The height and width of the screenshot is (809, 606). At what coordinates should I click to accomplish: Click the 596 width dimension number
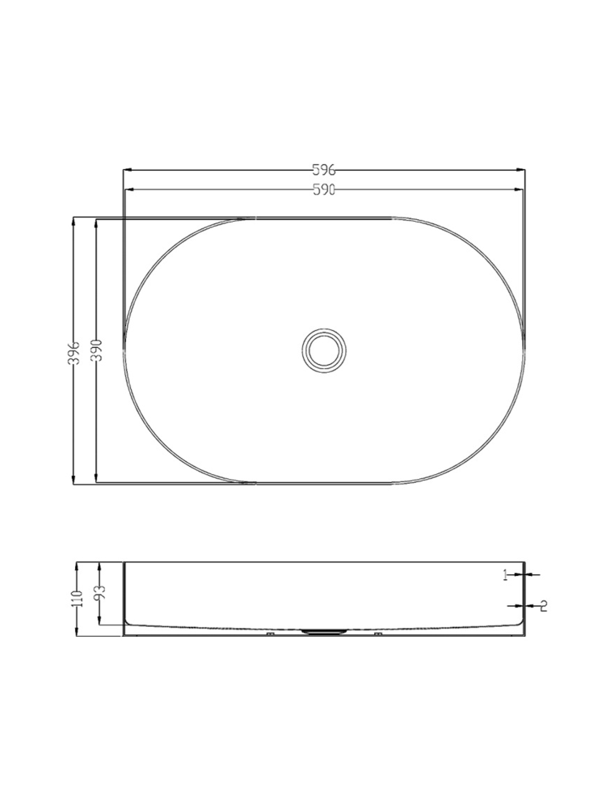point(324,170)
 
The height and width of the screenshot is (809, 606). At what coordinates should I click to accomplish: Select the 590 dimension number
point(324,189)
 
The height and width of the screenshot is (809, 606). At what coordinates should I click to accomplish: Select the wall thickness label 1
point(506,575)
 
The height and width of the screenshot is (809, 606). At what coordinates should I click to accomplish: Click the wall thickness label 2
point(544,605)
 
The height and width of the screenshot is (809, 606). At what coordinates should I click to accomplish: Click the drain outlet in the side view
point(325,631)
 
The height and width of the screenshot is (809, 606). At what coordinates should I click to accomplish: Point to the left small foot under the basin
point(271,635)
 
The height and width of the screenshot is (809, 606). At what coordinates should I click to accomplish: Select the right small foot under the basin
point(377,635)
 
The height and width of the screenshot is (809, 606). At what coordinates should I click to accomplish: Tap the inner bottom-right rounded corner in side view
point(519,621)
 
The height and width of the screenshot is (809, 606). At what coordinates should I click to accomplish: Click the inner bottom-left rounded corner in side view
point(129,621)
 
